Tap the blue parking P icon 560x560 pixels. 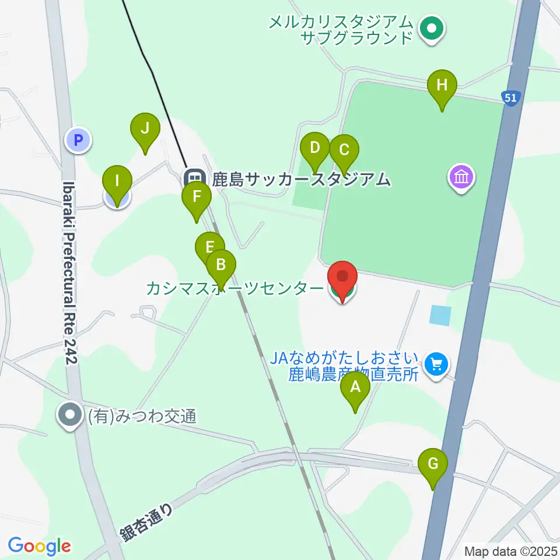pos(77,140)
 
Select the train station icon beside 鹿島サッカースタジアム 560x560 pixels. pos(194,178)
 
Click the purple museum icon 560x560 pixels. pos(461,177)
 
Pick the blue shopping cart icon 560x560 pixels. pos(435,365)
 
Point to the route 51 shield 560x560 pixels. pos(510,97)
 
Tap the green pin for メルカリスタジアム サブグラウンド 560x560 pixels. pos(432,27)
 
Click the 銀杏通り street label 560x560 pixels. pos(148,523)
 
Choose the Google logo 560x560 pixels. pos(39,546)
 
